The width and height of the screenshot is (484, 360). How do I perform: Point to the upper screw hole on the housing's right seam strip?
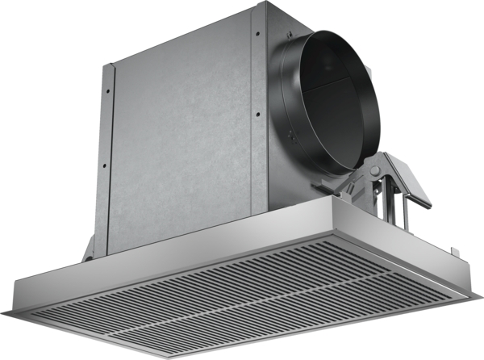pyautogui.click(x=257, y=33)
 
